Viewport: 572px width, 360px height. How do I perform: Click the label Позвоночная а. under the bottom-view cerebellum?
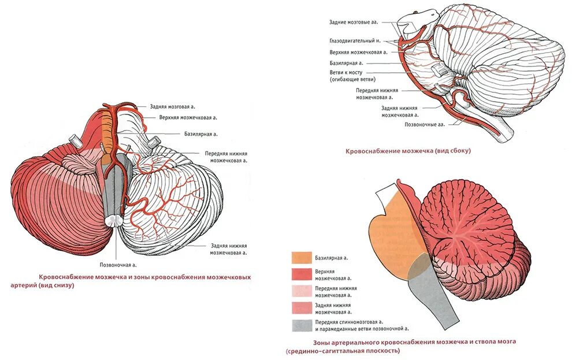tap(118, 265)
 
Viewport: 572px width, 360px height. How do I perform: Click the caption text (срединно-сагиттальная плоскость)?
tap(342, 351)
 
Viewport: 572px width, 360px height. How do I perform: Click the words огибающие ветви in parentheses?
tap(353, 79)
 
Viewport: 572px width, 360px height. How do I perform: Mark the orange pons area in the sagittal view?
tap(393, 231)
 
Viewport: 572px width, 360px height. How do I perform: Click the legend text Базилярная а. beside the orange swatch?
tap(335, 258)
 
